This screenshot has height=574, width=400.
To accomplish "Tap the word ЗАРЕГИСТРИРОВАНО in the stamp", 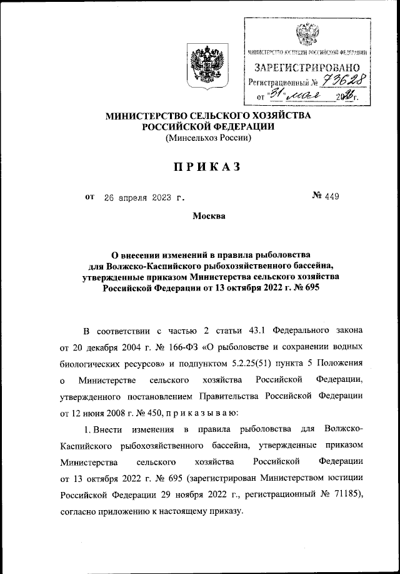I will tap(306, 66).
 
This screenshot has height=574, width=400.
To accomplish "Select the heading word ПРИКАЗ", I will tap(202, 167).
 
